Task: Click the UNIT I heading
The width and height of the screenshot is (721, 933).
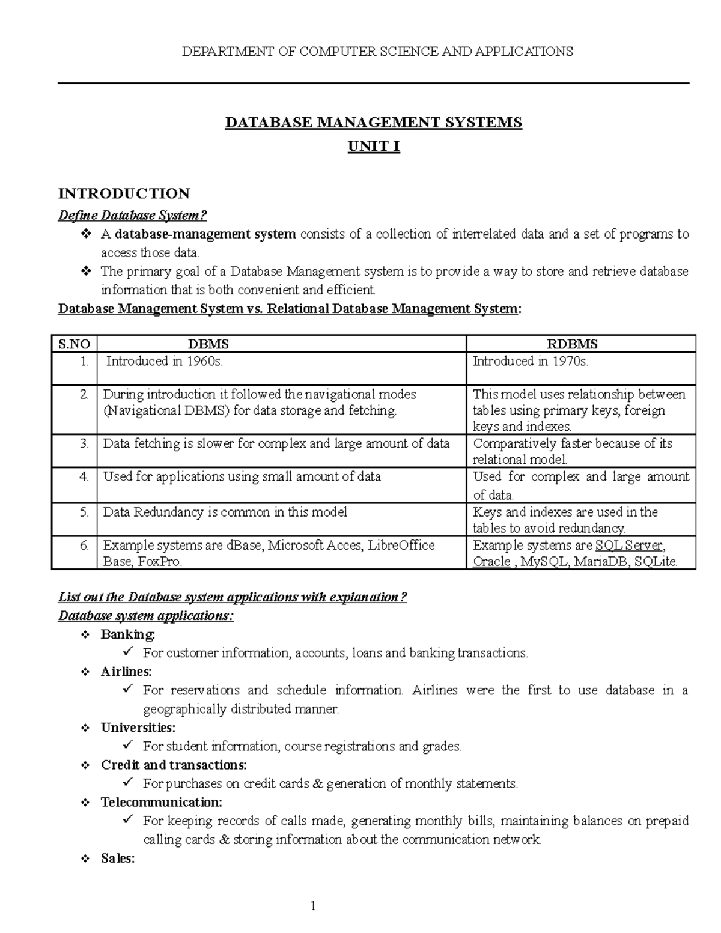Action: (x=373, y=147)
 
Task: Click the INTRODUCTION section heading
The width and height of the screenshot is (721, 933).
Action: (x=124, y=193)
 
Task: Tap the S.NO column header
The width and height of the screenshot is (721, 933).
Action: (x=75, y=344)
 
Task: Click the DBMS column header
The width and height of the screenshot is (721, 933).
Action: (x=208, y=344)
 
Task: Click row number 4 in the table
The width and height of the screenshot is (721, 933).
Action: (x=84, y=477)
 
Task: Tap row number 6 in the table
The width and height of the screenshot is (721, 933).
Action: (x=84, y=546)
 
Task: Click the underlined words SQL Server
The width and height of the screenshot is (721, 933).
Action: (x=628, y=546)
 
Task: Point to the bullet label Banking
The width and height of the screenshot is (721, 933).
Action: (x=127, y=634)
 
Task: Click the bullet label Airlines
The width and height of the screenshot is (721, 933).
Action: (x=126, y=672)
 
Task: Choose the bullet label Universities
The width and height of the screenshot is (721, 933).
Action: (x=138, y=728)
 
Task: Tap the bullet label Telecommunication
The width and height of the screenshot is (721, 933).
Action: (x=162, y=803)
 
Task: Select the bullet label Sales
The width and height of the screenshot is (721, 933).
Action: (x=118, y=859)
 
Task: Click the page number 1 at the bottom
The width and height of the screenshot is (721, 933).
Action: (x=313, y=906)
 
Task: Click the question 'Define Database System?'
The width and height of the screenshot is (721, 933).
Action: (x=132, y=216)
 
